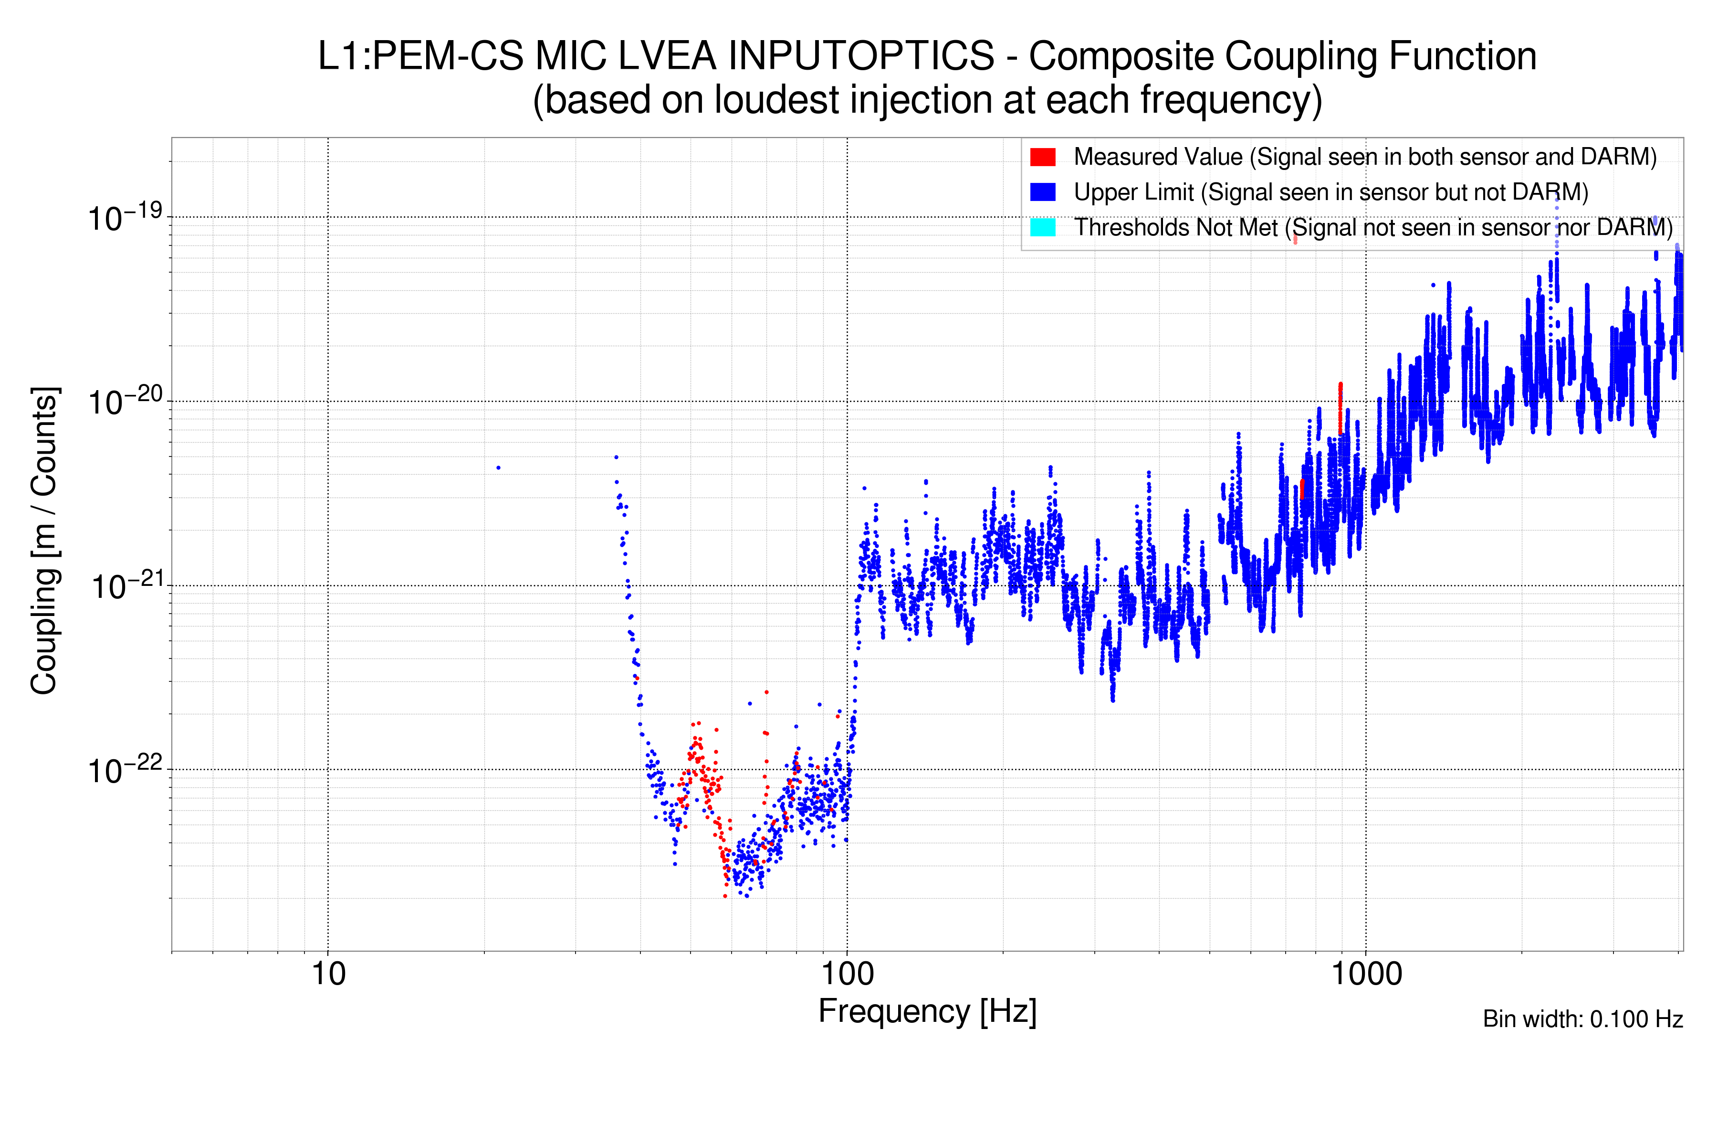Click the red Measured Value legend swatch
(x=1042, y=157)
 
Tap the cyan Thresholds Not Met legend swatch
(x=1042, y=227)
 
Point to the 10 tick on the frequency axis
(x=328, y=974)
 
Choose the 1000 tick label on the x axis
(x=1366, y=974)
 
